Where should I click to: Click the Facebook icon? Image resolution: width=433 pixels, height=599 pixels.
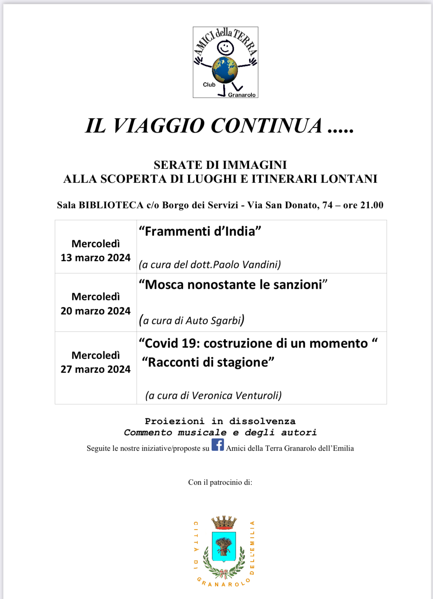pos(217,445)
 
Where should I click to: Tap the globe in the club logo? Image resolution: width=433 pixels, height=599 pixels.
pos(225,70)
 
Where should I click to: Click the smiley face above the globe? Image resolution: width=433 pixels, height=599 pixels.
pos(225,48)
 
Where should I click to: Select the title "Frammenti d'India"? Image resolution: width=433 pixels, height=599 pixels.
pos(200,231)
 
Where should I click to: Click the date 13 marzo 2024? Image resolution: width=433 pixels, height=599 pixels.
pos(95,258)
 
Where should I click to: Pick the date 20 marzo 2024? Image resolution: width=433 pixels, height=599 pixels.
pos(95,311)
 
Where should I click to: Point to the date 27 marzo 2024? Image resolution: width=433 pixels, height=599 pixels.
pos(95,369)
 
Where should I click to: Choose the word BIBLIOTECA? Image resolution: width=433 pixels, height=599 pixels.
pos(111,205)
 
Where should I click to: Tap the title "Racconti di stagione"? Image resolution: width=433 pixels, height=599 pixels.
pos(208,362)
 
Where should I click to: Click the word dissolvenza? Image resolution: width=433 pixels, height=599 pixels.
pos(262,421)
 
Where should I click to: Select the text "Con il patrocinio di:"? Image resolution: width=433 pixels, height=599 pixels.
pos(220,482)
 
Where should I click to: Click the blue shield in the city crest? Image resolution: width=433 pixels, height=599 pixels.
pos(224,546)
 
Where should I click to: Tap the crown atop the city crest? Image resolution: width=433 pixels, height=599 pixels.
pos(224,523)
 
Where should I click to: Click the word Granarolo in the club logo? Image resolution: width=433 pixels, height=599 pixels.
pos(242,95)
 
